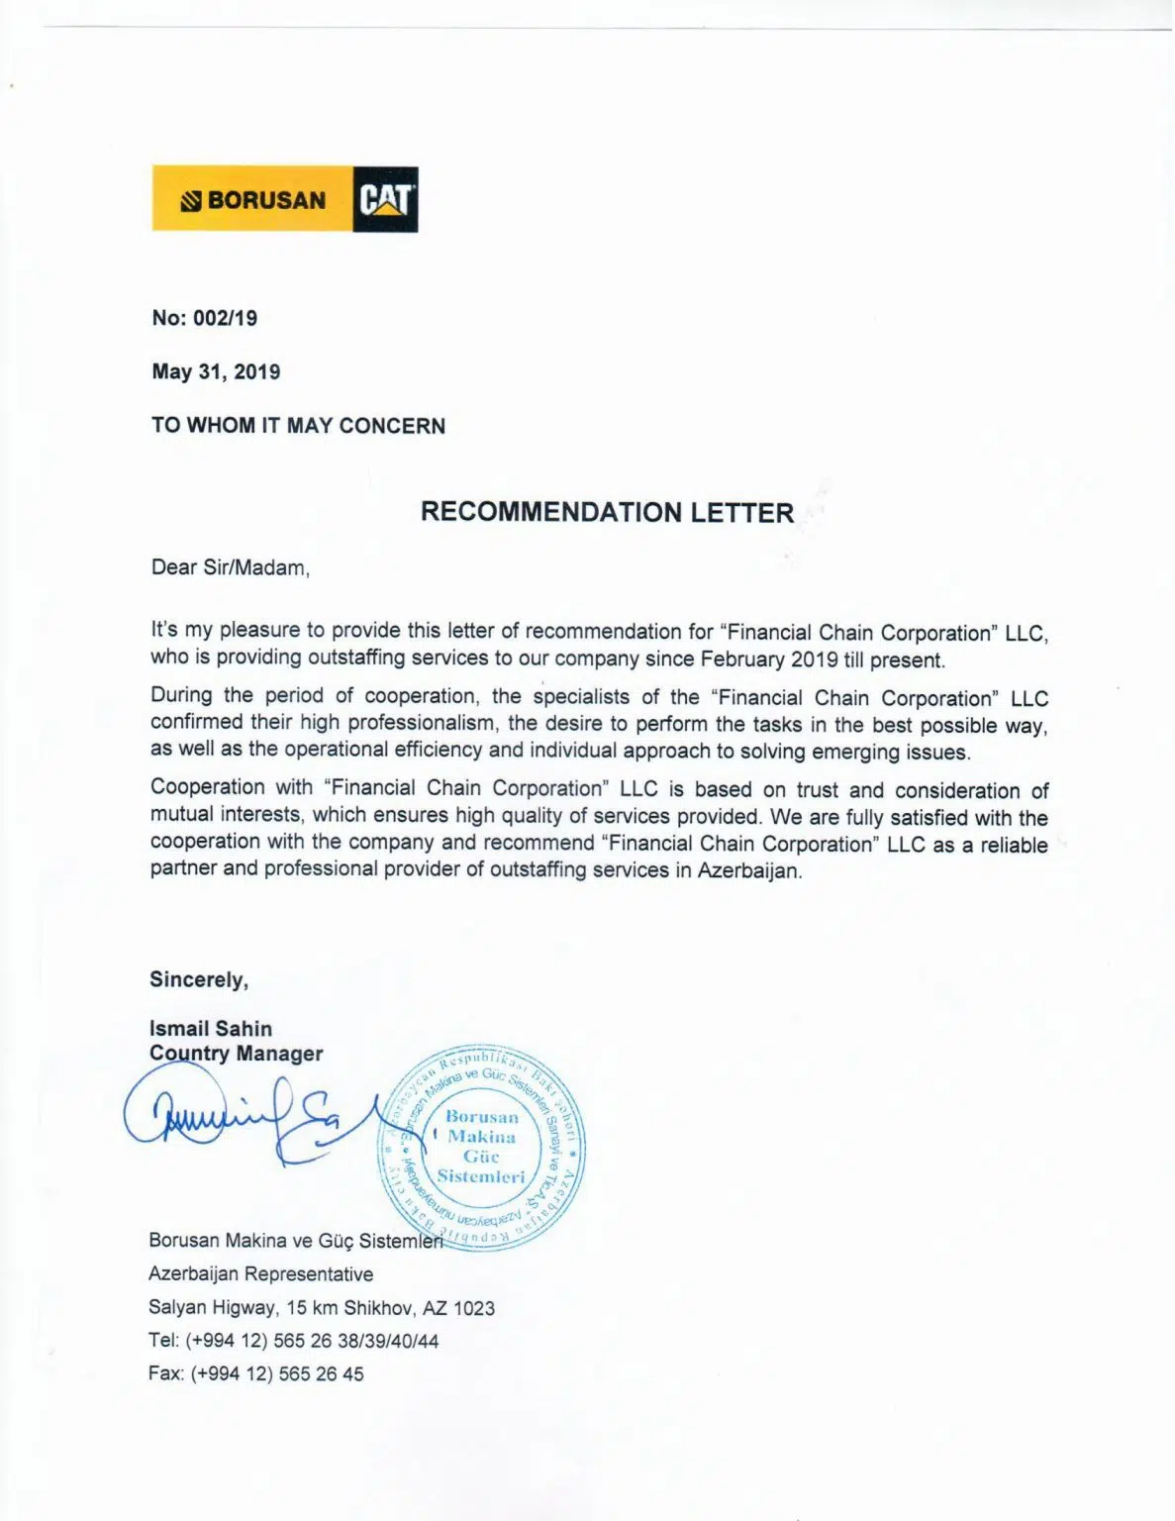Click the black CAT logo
point(385,199)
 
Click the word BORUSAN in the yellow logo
point(265,200)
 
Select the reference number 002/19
point(226,318)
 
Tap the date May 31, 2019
point(216,372)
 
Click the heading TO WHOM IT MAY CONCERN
point(298,426)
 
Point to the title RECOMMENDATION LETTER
point(607,512)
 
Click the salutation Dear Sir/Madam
point(230,567)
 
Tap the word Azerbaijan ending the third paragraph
point(748,871)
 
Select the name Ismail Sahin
point(210,1028)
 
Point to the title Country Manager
point(236,1054)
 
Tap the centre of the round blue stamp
point(481,1147)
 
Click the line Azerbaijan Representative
point(260,1274)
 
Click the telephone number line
point(293,1341)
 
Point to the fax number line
point(255,1373)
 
